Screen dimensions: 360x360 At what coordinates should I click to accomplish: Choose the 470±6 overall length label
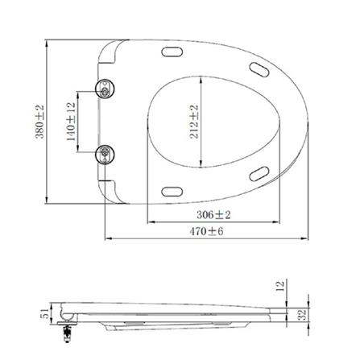208,232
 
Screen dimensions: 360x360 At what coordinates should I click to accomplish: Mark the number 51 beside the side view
45,312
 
